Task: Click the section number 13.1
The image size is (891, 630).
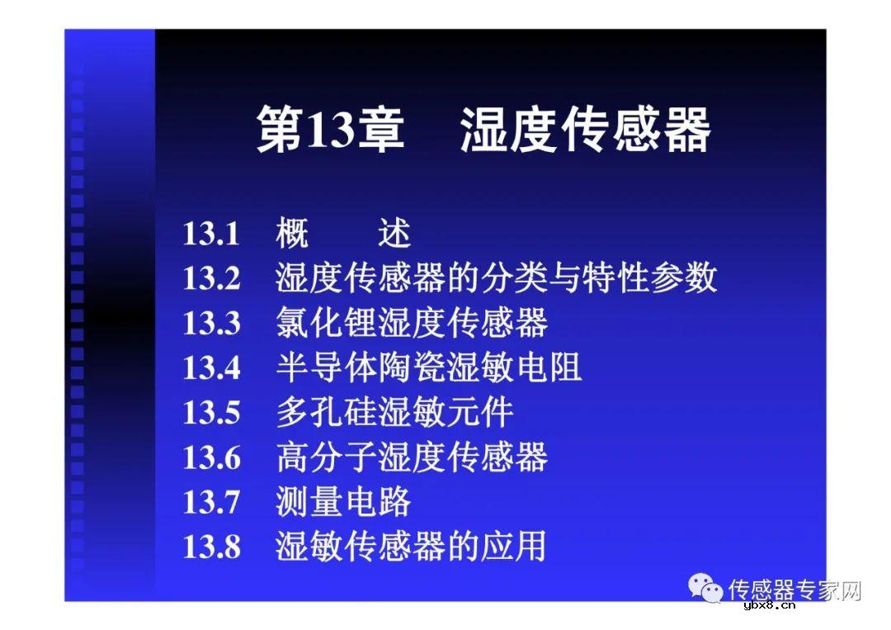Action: point(211,234)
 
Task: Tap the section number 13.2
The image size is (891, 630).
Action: point(211,278)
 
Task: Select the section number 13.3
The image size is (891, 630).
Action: point(211,323)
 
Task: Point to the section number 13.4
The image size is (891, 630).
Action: point(211,367)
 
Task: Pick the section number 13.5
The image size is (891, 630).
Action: point(211,412)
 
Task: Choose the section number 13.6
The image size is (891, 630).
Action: point(211,457)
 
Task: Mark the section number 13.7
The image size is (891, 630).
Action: point(211,501)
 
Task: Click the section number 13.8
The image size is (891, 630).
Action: point(211,547)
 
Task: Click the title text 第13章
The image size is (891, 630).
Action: point(330,130)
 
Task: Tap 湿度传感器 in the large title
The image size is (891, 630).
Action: point(585,130)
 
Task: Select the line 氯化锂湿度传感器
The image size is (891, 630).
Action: point(411,323)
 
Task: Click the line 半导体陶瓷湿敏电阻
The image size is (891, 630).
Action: point(428,367)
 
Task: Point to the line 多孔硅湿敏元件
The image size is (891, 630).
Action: point(394,412)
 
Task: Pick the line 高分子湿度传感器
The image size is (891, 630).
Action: point(411,457)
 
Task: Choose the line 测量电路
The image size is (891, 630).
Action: point(343,501)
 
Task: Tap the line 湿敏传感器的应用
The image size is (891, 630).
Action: point(411,547)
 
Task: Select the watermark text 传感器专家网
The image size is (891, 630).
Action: point(794,590)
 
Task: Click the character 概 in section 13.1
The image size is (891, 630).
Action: point(292,234)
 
